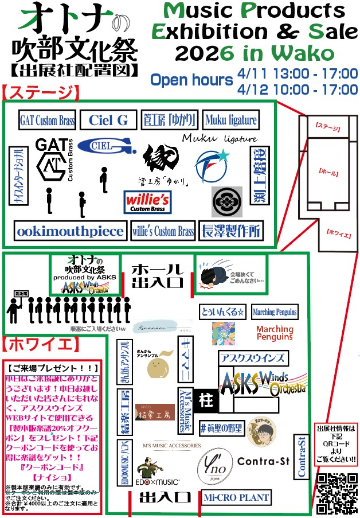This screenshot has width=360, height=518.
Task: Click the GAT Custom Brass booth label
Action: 47,120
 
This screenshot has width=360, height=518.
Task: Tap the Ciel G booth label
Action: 108,120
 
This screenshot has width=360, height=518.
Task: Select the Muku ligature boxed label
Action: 230,120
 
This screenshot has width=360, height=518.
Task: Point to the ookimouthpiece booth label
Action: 70,231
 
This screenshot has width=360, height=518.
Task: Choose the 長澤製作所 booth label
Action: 231,231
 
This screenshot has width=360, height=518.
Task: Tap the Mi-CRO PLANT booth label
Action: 236,497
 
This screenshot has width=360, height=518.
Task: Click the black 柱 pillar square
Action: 205,400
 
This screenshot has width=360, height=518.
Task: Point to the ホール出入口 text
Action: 157,275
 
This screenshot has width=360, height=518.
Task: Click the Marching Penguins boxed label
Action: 275,311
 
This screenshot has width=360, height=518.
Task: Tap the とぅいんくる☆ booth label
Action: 222,311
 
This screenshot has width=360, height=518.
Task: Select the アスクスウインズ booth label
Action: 252,358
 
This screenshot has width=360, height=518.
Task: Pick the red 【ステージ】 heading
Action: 40,92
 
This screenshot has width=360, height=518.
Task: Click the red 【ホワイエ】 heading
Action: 38,344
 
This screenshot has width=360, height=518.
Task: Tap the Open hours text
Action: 191,80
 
